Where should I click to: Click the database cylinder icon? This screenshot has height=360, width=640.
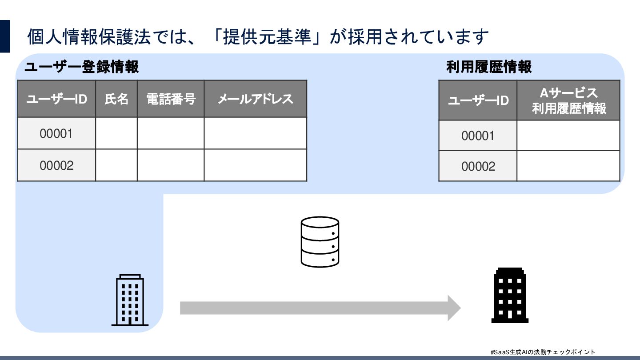coord(320,242)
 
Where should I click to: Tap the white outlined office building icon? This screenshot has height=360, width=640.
coord(130,300)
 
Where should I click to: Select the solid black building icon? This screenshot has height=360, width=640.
coord(510,295)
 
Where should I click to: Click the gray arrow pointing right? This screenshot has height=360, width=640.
coord(320,308)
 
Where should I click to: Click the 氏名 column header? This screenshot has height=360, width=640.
coord(116,99)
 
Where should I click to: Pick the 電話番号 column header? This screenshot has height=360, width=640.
coord(171,99)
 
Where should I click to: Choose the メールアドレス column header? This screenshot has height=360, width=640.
coord(255,99)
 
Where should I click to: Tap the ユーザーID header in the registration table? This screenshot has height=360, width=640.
coord(56,99)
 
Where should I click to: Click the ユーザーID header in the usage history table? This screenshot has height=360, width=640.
coord(478,100)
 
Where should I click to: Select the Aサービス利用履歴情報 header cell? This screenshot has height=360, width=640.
coord(568,100)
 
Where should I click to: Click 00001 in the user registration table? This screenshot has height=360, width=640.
coord(56,133)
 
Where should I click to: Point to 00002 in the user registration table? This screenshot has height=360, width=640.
coord(56,165)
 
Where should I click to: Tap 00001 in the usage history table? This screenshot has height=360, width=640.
coord(478,136)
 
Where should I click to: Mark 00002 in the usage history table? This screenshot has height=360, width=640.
coord(478,166)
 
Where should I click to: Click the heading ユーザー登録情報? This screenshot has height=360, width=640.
coord(82,67)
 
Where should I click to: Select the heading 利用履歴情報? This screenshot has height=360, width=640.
coord(489,67)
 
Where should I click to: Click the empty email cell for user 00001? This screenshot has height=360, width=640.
coord(255,133)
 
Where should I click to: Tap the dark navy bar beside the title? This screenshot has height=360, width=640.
coord(4,36)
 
